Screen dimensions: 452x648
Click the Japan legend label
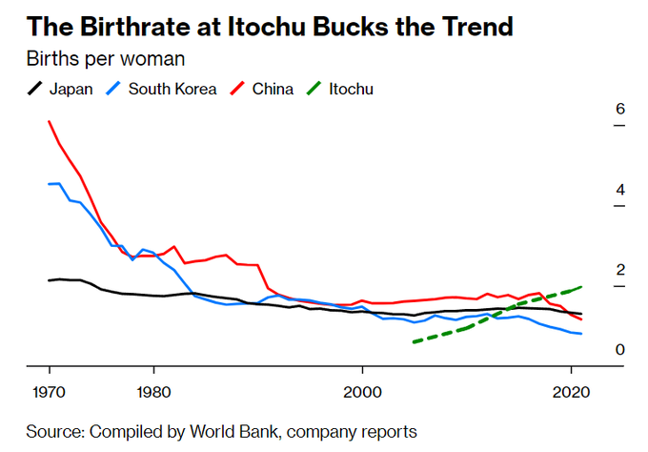71,90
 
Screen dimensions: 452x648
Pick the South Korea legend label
172,90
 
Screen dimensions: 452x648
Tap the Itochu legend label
351,90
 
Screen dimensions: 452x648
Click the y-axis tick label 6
619,109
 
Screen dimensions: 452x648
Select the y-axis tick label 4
619,190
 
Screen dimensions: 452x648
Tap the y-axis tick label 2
619,270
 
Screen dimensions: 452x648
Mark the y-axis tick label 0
619,350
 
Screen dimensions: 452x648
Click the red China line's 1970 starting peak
49,122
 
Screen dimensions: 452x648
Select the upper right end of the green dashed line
580,286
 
